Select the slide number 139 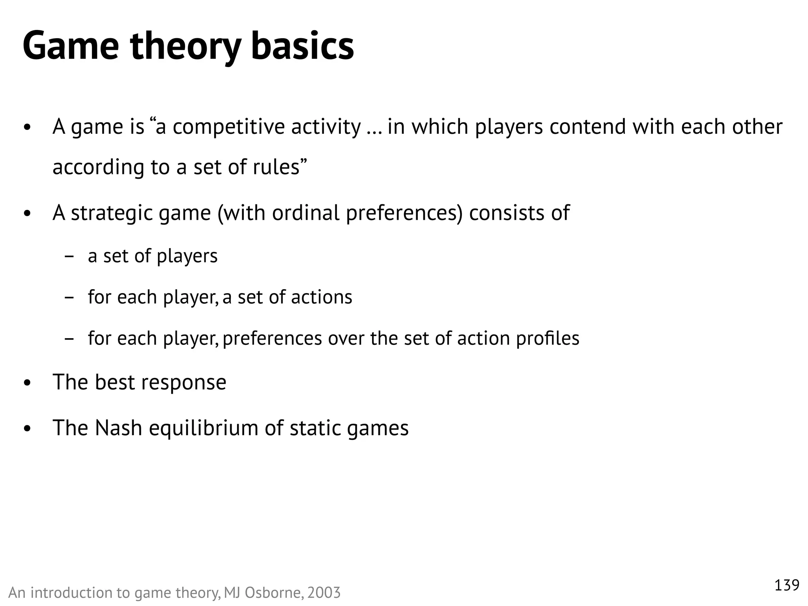pyautogui.click(x=787, y=585)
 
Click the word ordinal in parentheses pyautogui.click(x=305, y=213)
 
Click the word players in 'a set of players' pyautogui.click(x=187, y=256)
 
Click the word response pyautogui.click(x=184, y=383)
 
